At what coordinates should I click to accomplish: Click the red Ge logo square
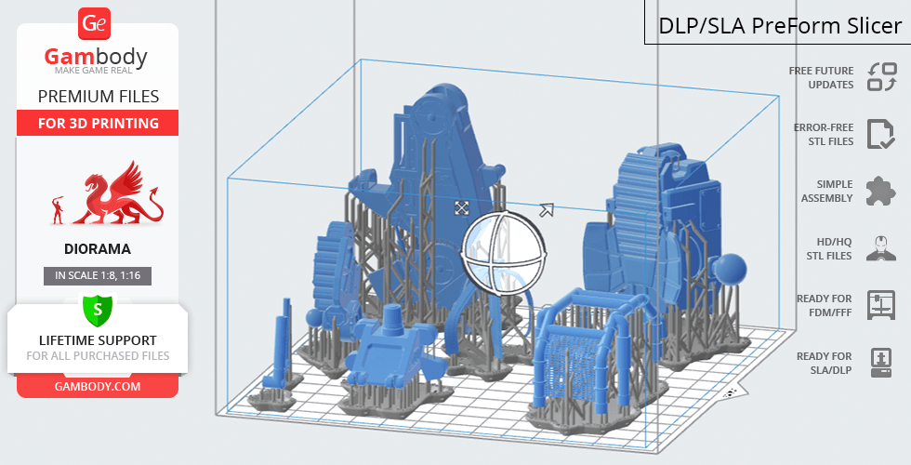tap(94, 24)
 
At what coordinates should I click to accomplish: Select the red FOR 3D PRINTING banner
tap(98, 123)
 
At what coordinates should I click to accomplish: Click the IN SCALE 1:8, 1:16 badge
tap(98, 275)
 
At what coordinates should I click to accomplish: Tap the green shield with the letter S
tap(98, 311)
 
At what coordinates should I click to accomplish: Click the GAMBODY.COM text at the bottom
tap(98, 387)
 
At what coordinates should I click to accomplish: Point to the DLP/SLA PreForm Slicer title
tap(780, 26)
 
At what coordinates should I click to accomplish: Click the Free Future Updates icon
tap(882, 76)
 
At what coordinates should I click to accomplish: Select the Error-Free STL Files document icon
tap(880, 134)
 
